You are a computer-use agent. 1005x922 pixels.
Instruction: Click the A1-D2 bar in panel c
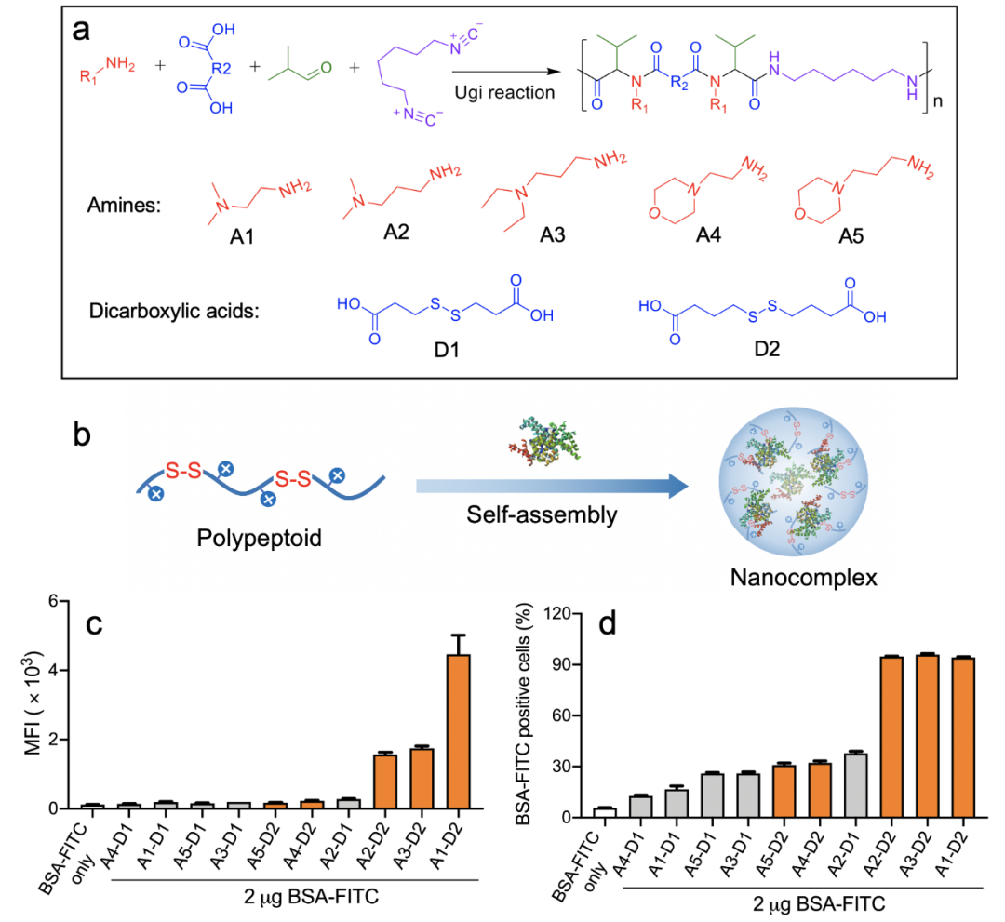(458, 731)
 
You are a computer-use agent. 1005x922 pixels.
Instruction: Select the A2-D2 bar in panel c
(385, 782)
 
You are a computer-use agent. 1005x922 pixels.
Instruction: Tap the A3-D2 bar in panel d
(927, 736)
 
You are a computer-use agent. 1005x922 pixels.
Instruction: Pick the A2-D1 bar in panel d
(856, 785)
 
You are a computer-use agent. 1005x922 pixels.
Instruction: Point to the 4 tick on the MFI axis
(54, 670)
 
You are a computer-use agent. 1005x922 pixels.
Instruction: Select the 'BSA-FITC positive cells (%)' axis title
(524, 714)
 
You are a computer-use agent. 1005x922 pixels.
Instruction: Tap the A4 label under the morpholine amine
(708, 235)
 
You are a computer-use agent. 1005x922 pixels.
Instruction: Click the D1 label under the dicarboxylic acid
(447, 350)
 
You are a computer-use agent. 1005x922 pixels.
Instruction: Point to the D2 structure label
(767, 349)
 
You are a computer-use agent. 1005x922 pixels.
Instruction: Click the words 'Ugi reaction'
(504, 92)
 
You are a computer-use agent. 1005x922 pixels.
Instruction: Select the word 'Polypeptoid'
(259, 538)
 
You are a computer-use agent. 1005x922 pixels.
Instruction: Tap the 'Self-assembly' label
(542, 514)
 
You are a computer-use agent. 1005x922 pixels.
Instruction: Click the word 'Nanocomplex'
(803, 577)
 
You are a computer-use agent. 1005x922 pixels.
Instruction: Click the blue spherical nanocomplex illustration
(793, 481)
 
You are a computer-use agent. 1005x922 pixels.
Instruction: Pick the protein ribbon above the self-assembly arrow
(544, 440)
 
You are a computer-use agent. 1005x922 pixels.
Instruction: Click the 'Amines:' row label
(124, 205)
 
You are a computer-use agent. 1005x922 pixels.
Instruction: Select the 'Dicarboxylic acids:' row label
(174, 312)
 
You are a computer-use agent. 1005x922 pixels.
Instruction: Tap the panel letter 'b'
(81, 435)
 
